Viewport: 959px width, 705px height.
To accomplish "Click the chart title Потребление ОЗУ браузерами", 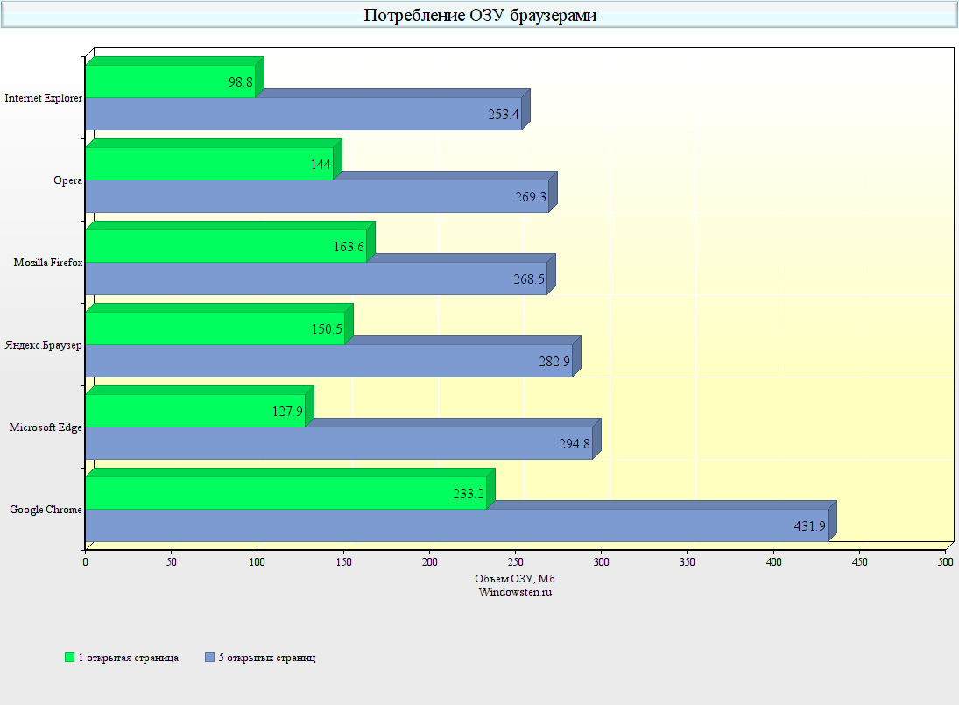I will [x=480, y=15].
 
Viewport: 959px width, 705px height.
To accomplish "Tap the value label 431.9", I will [x=809, y=525].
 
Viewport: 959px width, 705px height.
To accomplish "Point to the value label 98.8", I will [x=241, y=82].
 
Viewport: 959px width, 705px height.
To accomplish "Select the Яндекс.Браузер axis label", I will [x=44, y=345].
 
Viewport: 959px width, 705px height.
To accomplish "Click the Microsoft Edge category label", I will [x=46, y=427].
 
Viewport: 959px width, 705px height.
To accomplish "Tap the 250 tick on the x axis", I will [x=516, y=560].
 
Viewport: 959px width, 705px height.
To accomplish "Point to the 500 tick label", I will [x=946, y=560].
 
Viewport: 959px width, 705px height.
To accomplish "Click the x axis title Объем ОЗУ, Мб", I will [x=515, y=578].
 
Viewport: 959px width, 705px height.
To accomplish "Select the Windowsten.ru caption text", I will [x=515, y=591].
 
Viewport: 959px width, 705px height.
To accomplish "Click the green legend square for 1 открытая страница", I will [x=70, y=658].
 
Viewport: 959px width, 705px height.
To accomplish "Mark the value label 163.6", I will [x=349, y=247].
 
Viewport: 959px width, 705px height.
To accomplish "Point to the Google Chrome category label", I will [x=46, y=510].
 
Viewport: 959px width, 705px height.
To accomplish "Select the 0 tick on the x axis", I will [x=86, y=560].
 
